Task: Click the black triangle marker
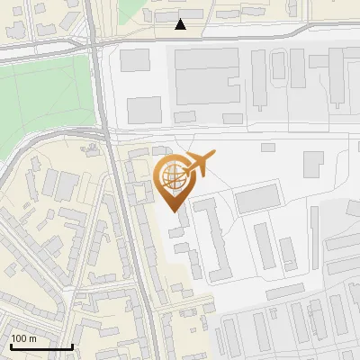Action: [181, 24]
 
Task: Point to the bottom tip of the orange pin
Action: [174, 210]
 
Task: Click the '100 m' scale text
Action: [24, 337]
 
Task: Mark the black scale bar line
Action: [41, 346]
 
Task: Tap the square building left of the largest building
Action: [135, 61]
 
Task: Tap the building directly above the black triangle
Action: [176, 14]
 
